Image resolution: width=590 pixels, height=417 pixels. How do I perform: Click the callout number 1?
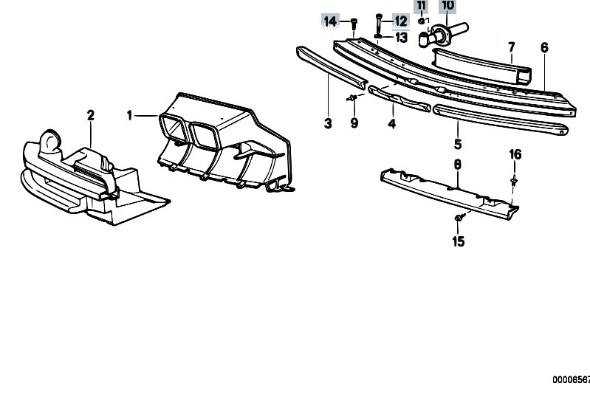pos(129,115)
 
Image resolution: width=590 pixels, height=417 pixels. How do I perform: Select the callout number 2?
pos(91,115)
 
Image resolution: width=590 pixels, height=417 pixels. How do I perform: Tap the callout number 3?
pos(328,123)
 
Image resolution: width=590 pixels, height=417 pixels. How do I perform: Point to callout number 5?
pos(458,144)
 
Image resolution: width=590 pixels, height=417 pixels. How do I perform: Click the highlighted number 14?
pos(330,21)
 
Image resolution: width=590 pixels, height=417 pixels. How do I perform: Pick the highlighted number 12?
pos(401,21)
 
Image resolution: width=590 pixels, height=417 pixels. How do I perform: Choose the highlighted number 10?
pos(447,5)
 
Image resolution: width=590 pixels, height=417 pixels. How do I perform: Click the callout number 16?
pos(515,154)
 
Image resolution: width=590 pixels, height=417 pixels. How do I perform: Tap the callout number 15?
pos(459,241)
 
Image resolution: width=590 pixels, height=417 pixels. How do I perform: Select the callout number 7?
pos(512,47)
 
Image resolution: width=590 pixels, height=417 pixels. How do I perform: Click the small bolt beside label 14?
pos(354,24)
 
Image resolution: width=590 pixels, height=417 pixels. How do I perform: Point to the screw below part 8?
pos(459,218)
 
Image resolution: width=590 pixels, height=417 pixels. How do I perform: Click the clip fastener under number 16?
pos(513,181)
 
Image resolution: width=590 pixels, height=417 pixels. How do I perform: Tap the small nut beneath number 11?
pos(422,21)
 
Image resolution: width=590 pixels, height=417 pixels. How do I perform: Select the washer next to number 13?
pos(378,36)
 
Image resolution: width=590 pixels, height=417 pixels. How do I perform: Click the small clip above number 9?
pos(351,98)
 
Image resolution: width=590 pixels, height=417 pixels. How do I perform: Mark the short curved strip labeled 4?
pos(399,98)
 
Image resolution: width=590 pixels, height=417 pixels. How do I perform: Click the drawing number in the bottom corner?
pos(572,379)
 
